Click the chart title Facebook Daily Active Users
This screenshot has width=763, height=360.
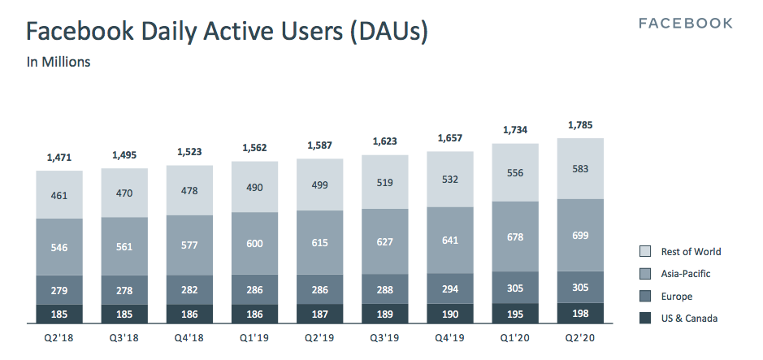[x=227, y=32]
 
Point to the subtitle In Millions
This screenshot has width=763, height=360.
[x=59, y=62]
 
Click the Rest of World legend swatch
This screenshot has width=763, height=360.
[x=646, y=252]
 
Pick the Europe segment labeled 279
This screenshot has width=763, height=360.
[x=59, y=290]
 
